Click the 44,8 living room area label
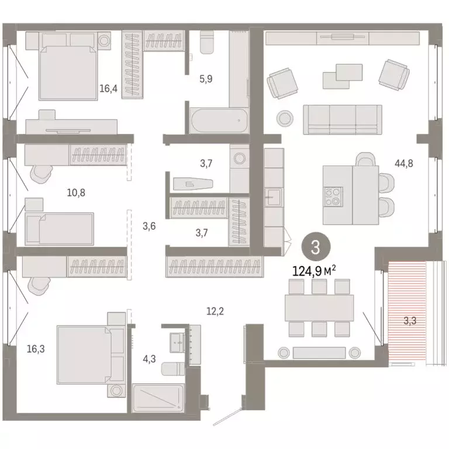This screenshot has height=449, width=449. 403,164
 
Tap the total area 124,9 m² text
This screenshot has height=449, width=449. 315,271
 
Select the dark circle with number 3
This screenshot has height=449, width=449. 315,246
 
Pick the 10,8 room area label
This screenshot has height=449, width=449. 75,192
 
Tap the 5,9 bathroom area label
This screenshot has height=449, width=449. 205,78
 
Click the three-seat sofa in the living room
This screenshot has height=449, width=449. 342,119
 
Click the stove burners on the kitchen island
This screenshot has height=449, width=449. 333,195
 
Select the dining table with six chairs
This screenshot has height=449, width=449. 319,308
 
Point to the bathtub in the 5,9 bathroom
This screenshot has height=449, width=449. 218,122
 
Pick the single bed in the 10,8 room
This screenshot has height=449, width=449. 59,228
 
